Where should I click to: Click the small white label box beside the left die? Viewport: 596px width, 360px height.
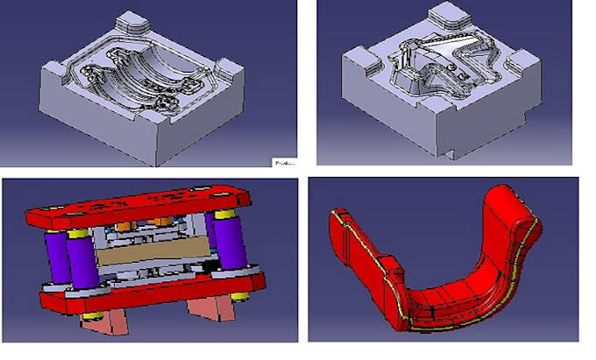click(x=284, y=161)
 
